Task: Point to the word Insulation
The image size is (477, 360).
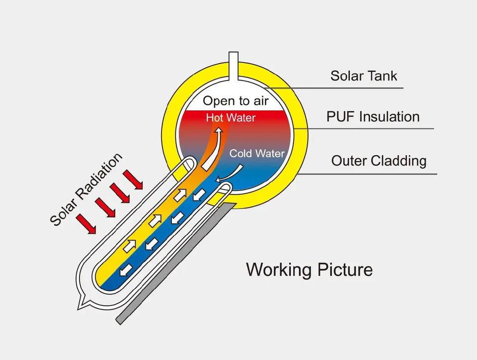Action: click(389, 117)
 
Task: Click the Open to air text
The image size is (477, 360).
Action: click(236, 101)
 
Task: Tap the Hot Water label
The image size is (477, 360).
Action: click(231, 118)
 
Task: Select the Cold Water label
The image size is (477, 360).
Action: click(257, 153)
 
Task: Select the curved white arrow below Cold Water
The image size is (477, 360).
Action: click(230, 175)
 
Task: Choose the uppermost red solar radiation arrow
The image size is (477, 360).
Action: click(133, 180)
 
